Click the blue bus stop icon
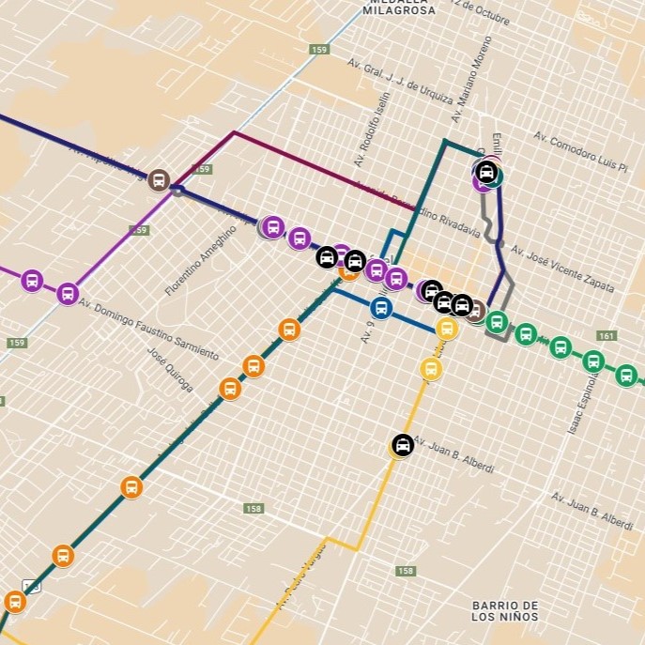pos(380,307)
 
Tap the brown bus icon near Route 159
pos(159,179)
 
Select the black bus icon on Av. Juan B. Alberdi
pos(403,445)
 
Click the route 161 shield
pos(607,336)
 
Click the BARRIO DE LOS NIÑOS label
pos(504,611)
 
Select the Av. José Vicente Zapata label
pos(561,269)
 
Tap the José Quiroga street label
pos(171,370)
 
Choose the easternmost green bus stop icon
pos(626,376)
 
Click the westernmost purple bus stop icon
pos(32,280)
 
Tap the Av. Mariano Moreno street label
pos(471,81)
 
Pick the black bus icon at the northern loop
pos(486,172)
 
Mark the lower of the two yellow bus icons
pos(431,368)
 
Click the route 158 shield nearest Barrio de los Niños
pos(406,571)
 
